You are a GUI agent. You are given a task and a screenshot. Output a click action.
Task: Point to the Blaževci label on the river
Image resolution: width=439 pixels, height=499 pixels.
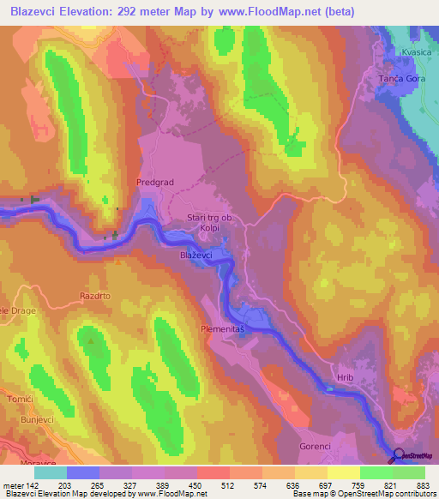tap(197, 256)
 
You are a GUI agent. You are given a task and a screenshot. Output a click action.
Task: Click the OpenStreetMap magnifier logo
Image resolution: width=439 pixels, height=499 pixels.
tap(397, 456)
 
